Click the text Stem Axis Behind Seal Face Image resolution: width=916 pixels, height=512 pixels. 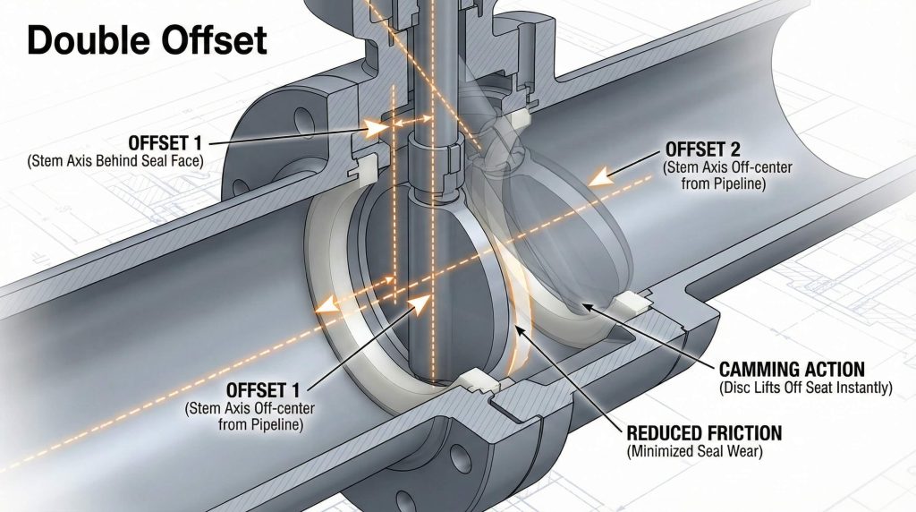click(x=115, y=161)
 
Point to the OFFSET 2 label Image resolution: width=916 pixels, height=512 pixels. click(x=702, y=149)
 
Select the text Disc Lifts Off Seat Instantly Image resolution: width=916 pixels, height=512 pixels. click(x=806, y=387)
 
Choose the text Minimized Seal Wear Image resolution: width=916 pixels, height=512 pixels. click(x=694, y=451)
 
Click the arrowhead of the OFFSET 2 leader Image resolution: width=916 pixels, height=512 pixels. click(x=598, y=176)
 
